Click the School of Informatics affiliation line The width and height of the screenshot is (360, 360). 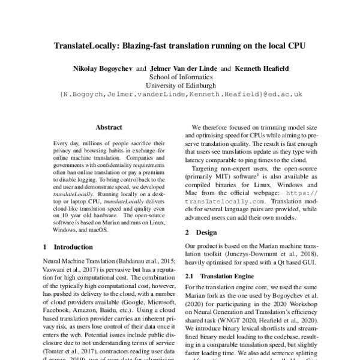(180, 77)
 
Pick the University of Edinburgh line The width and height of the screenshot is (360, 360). (180, 86)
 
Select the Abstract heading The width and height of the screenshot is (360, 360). (109, 128)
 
